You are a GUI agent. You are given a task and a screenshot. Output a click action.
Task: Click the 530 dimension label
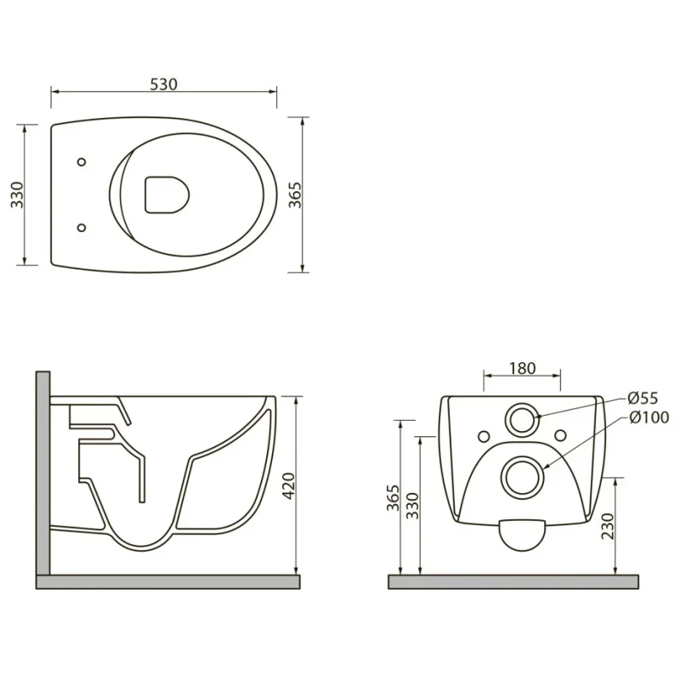click(x=163, y=84)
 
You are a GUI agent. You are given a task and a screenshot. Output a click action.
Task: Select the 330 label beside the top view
click(x=17, y=195)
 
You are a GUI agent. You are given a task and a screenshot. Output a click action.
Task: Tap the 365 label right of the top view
click(x=294, y=195)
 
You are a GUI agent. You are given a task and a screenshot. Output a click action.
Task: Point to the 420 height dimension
click(x=289, y=486)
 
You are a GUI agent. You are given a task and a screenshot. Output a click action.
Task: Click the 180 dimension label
click(x=522, y=368)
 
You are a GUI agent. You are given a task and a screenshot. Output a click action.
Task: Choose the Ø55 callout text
click(x=643, y=398)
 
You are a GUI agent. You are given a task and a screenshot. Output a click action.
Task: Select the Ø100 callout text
click(x=649, y=417)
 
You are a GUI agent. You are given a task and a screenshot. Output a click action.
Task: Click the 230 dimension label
click(x=609, y=526)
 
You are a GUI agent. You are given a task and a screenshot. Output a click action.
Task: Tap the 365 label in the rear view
click(x=393, y=498)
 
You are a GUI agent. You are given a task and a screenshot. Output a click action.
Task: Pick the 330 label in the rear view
click(x=412, y=506)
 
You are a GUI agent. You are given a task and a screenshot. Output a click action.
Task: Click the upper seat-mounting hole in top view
click(x=81, y=161)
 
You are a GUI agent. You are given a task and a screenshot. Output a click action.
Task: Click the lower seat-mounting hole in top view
click(x=81, y=227)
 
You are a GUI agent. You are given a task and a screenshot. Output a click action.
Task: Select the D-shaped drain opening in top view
click(x=167, y=195)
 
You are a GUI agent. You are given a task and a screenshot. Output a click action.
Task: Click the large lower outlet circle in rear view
click(x=522, y=477)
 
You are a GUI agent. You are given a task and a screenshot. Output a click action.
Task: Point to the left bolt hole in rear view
click(x=484, y=436)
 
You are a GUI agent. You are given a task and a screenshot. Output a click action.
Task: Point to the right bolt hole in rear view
click(x=560, y=435)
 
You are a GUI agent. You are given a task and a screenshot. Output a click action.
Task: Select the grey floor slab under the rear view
click(x=513, y=581)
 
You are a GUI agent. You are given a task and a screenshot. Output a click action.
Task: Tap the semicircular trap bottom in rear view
click(x=522, y=535)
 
